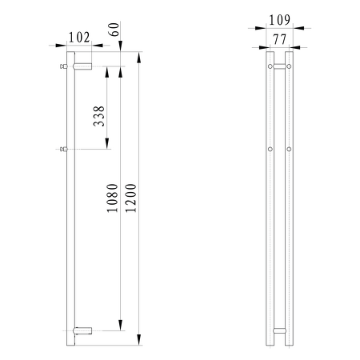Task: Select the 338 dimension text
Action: click(97, 118)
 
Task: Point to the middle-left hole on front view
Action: click(270, 149)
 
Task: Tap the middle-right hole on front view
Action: click(289, 149)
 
